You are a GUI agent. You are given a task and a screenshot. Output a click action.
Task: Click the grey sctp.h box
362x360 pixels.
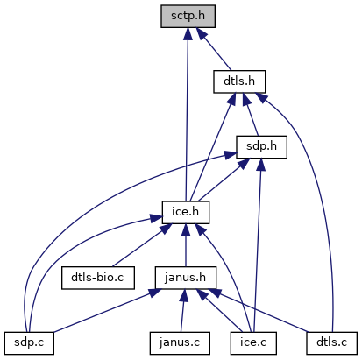188,17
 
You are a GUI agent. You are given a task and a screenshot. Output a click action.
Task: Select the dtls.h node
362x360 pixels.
239,81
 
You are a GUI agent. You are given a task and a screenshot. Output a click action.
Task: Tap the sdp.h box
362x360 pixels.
261,147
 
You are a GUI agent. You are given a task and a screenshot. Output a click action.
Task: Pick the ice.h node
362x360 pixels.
186,213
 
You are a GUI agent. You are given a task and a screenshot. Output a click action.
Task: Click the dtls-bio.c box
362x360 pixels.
98,278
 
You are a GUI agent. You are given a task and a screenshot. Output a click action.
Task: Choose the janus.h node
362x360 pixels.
186,278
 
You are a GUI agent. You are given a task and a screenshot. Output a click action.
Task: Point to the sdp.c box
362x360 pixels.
29,343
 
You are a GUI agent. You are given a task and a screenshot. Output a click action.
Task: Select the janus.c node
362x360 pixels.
180,343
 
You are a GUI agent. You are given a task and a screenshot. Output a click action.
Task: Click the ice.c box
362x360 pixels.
253,343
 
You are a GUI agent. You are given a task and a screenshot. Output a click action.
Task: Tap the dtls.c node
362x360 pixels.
331,343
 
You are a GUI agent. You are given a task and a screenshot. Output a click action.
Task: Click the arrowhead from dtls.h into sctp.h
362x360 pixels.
202,33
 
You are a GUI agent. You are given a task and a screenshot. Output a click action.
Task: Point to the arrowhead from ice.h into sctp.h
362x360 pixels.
188,34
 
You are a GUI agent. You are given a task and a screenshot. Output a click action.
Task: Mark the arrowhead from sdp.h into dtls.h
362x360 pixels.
246,100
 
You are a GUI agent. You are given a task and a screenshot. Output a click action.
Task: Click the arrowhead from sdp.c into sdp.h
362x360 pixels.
231,155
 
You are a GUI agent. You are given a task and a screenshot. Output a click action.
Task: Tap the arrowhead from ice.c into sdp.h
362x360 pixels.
260,165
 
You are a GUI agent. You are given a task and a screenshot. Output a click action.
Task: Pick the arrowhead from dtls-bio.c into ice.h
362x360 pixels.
166,229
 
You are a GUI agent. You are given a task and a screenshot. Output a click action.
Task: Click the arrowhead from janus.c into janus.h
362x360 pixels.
184,296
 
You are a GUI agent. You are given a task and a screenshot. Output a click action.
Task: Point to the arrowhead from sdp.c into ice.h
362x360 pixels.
156,218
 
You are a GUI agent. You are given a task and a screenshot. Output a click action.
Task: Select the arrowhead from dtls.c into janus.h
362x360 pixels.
216,293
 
